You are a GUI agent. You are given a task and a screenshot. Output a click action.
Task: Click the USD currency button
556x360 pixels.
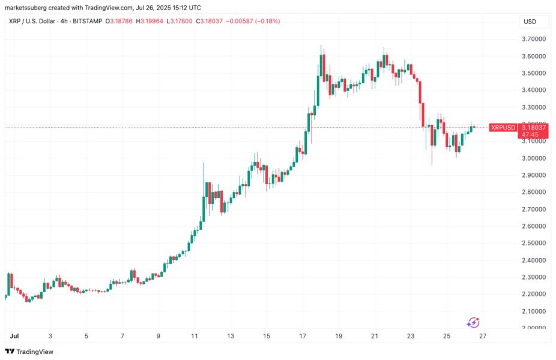coord(530,22)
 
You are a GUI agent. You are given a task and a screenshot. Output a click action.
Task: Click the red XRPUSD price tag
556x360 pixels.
coord(503,127)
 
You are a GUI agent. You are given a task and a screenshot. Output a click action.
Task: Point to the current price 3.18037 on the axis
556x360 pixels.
coord(534,127)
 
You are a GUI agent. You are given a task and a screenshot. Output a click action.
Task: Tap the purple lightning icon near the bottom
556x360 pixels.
coord(473,323)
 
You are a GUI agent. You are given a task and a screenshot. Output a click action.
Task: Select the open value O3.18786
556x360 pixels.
coord(121,22)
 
